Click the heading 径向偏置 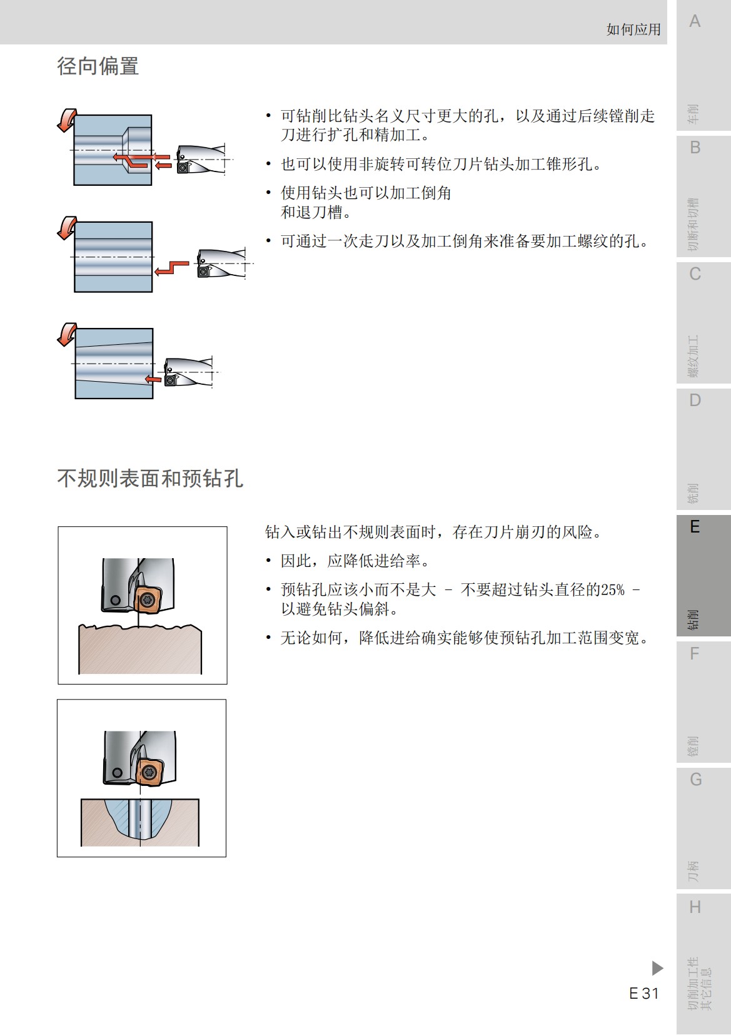pos(98,66)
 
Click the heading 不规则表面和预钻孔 pos(150,479)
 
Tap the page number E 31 pos(643,993)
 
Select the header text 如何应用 pos(633,29)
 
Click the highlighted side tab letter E pos(694,527)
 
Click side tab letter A pos(694,22)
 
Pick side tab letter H pos(694,907)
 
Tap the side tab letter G pos(695,780)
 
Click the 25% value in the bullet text pos(612,590)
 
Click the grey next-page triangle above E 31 pos(657,968)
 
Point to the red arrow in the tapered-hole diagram pos(153,379)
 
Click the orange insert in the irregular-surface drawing pos(148,599)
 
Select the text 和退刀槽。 pos(316,213)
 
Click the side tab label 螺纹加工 pos(693,356)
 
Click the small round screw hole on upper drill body pos(114,601)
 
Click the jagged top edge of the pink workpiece pos(140,627)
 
